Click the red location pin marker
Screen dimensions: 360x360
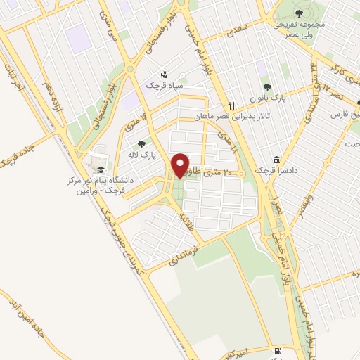click(x=181, y=165)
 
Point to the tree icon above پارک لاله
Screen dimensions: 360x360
click(x=141, y=144)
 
